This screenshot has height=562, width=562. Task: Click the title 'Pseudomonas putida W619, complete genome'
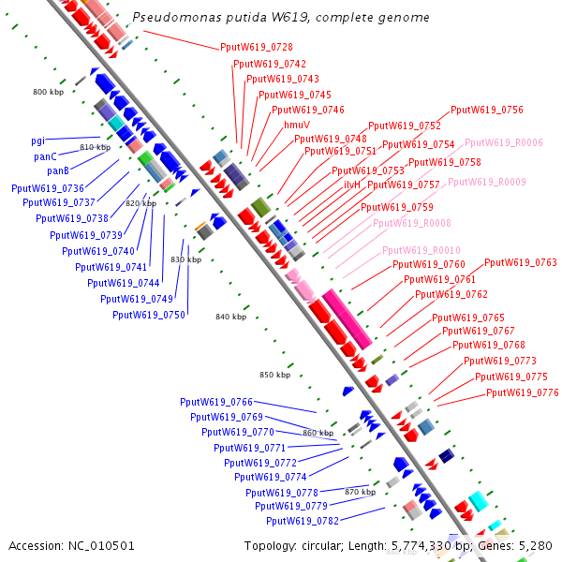click(x=281, y=18)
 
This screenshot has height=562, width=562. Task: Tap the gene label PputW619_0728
click(x=257, y=47)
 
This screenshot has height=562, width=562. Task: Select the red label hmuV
click(x=297, y=125)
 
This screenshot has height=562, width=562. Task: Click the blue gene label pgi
click(x=38, y=141)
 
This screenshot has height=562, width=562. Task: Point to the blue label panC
click(x=46, y=156)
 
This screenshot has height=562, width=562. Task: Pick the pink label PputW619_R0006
click(x=504, y=142)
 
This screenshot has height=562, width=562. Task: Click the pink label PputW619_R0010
click(x=421, y=250)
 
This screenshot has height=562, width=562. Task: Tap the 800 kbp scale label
click(x=48, y=92)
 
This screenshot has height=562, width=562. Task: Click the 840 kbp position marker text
click(x=230, y=317)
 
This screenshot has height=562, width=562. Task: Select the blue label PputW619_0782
click(x=303, y=521)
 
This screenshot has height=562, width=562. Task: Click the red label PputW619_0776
click(x=523, y=392)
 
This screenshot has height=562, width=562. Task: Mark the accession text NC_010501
click(x=72, y=545)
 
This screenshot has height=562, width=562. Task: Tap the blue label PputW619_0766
click(x=216, y=402)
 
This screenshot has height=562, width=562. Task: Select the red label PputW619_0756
click(x=487, y=110)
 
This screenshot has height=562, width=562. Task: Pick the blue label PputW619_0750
click(x=149, y=315)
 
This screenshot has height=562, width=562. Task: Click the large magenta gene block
click(x=342, y=318)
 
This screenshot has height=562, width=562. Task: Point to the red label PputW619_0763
click(x=521, y=262)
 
